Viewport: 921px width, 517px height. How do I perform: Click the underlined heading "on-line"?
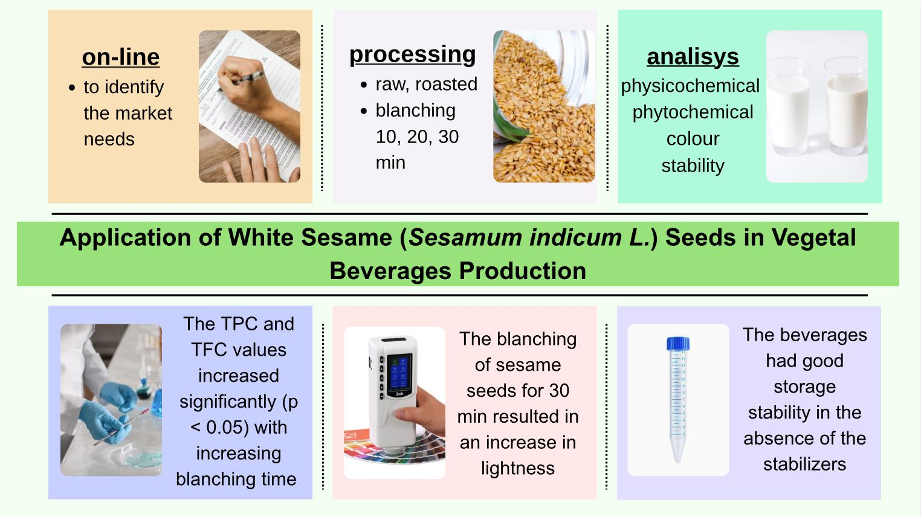coord(120,57)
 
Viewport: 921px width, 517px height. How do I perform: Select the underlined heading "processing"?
coord(412,54)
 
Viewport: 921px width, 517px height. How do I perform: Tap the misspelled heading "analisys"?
coord(693,57)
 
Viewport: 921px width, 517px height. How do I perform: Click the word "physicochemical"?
coord(690,86)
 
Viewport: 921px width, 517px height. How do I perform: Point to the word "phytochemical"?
coord(693,112)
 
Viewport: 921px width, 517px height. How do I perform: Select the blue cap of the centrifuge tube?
coord(678,344)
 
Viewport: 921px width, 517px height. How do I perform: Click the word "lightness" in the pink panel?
coord(518,468)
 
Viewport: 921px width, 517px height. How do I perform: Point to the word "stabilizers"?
coord(804,464)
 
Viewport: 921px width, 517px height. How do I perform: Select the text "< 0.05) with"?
coord(239,428)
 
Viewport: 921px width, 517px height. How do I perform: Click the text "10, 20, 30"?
coord(417,137)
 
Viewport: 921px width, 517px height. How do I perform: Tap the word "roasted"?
coord(446,84)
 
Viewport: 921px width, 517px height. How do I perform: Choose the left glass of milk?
coord(787,106)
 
